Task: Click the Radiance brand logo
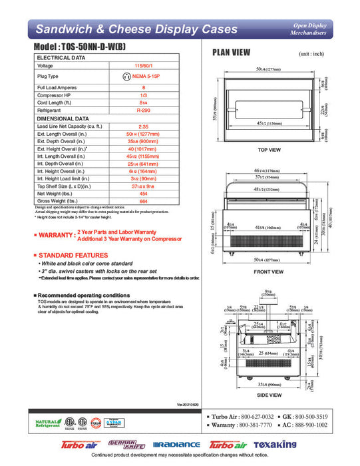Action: click(176, 444)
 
